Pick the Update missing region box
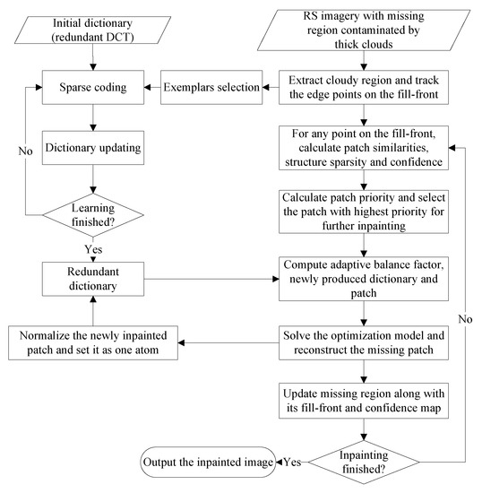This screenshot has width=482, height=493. click(x=368, y=402)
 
